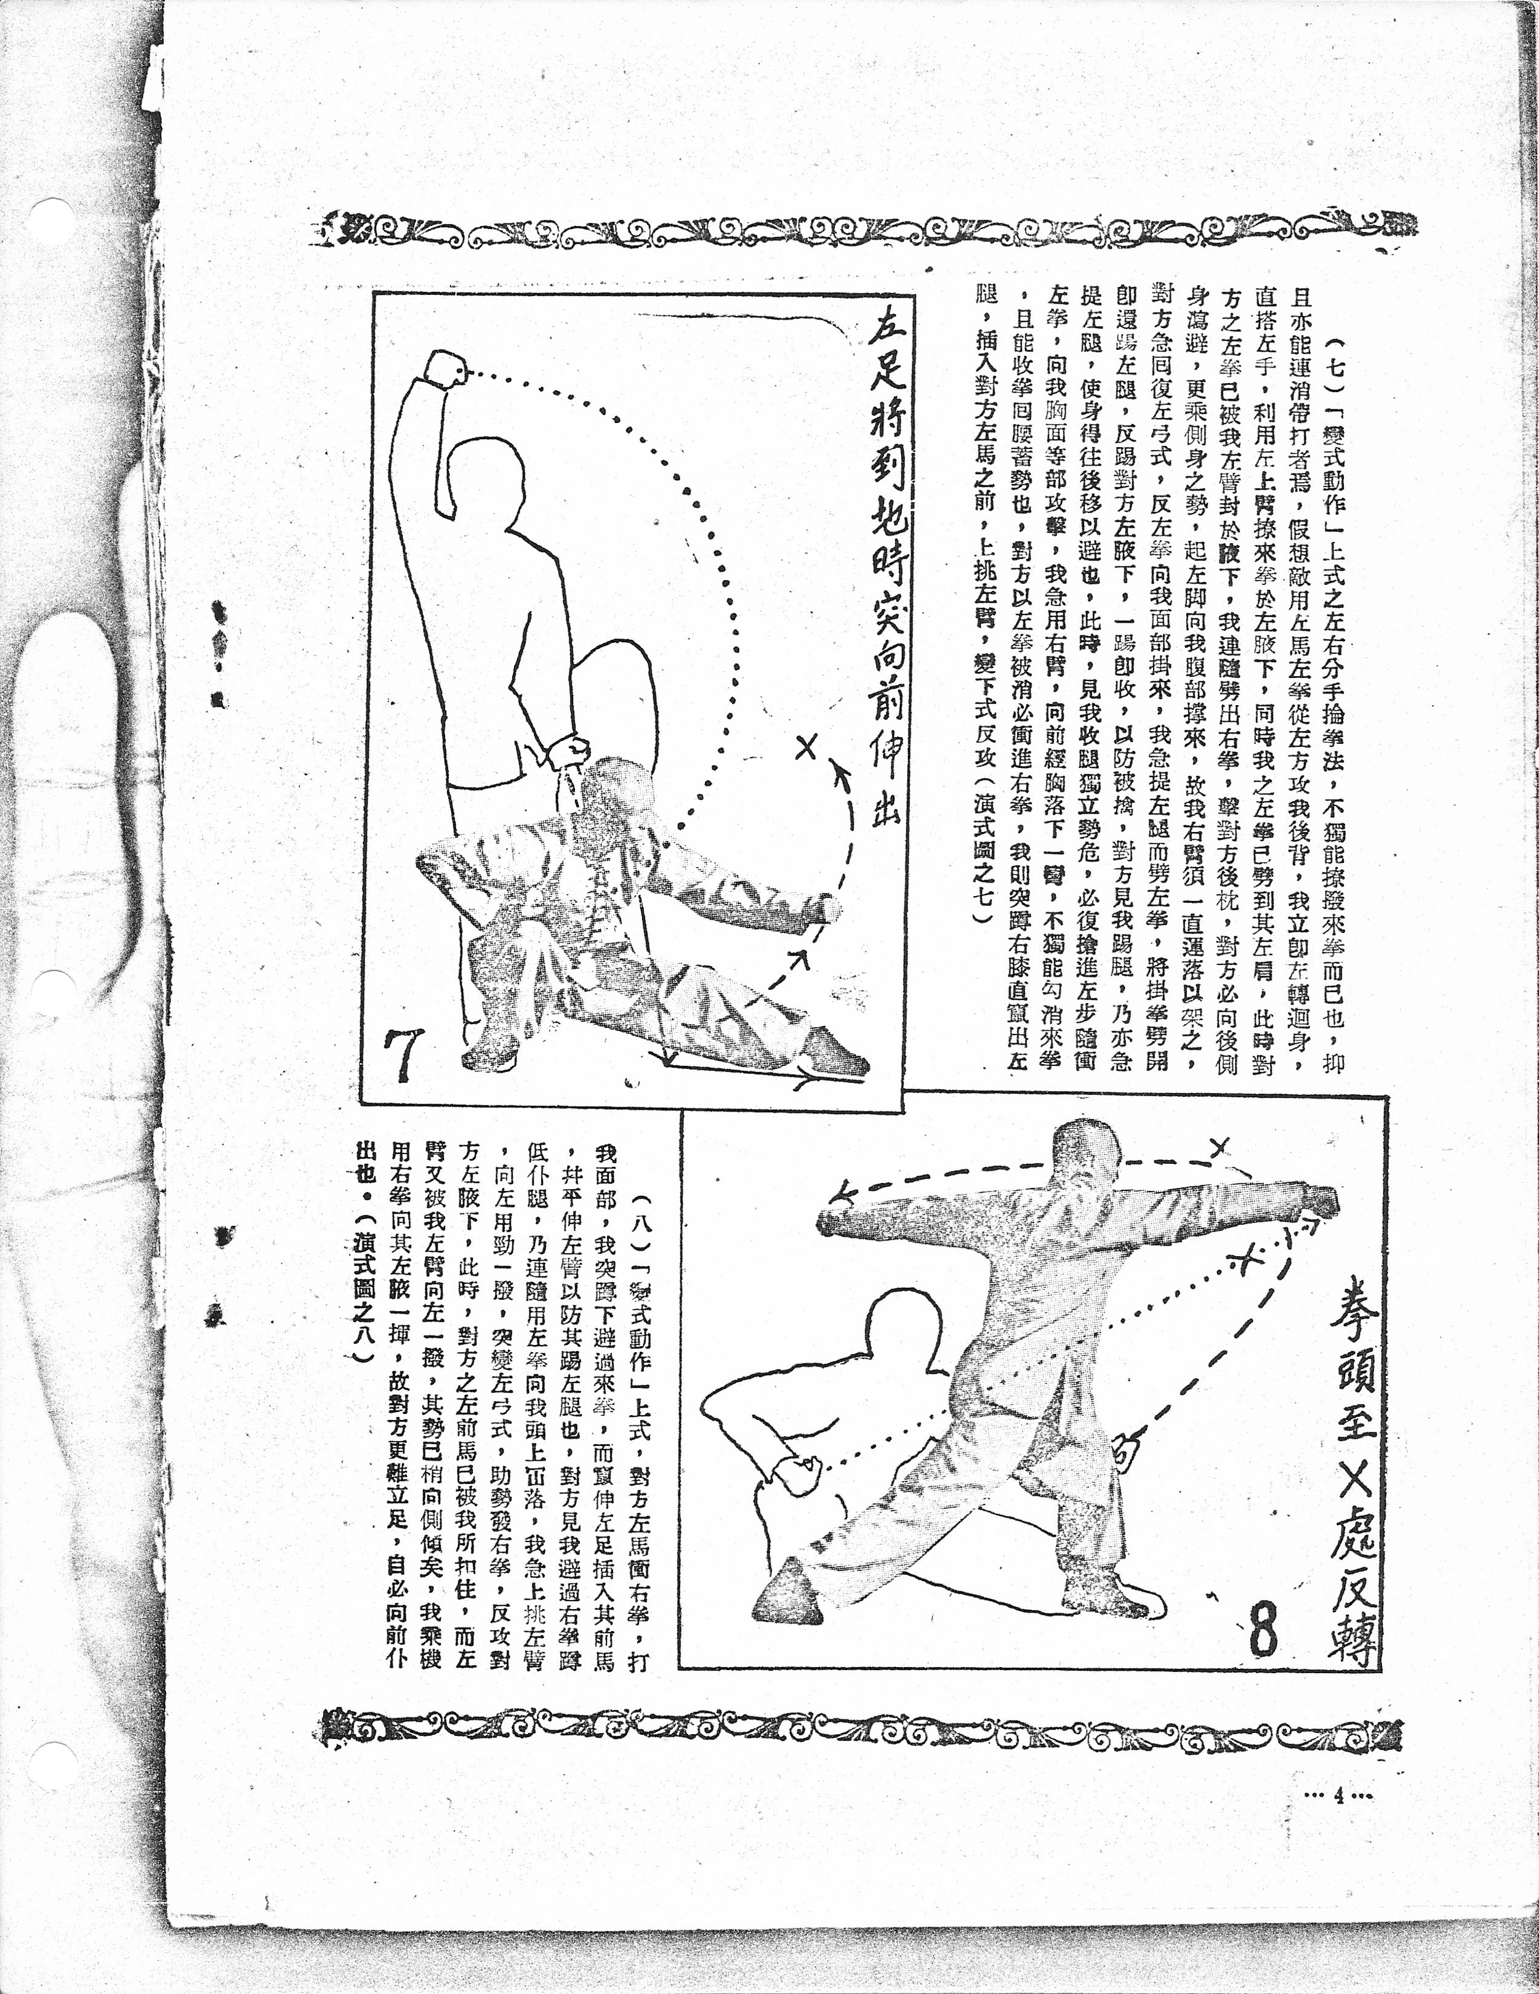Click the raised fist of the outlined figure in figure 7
446,369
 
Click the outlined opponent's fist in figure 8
797,1471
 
